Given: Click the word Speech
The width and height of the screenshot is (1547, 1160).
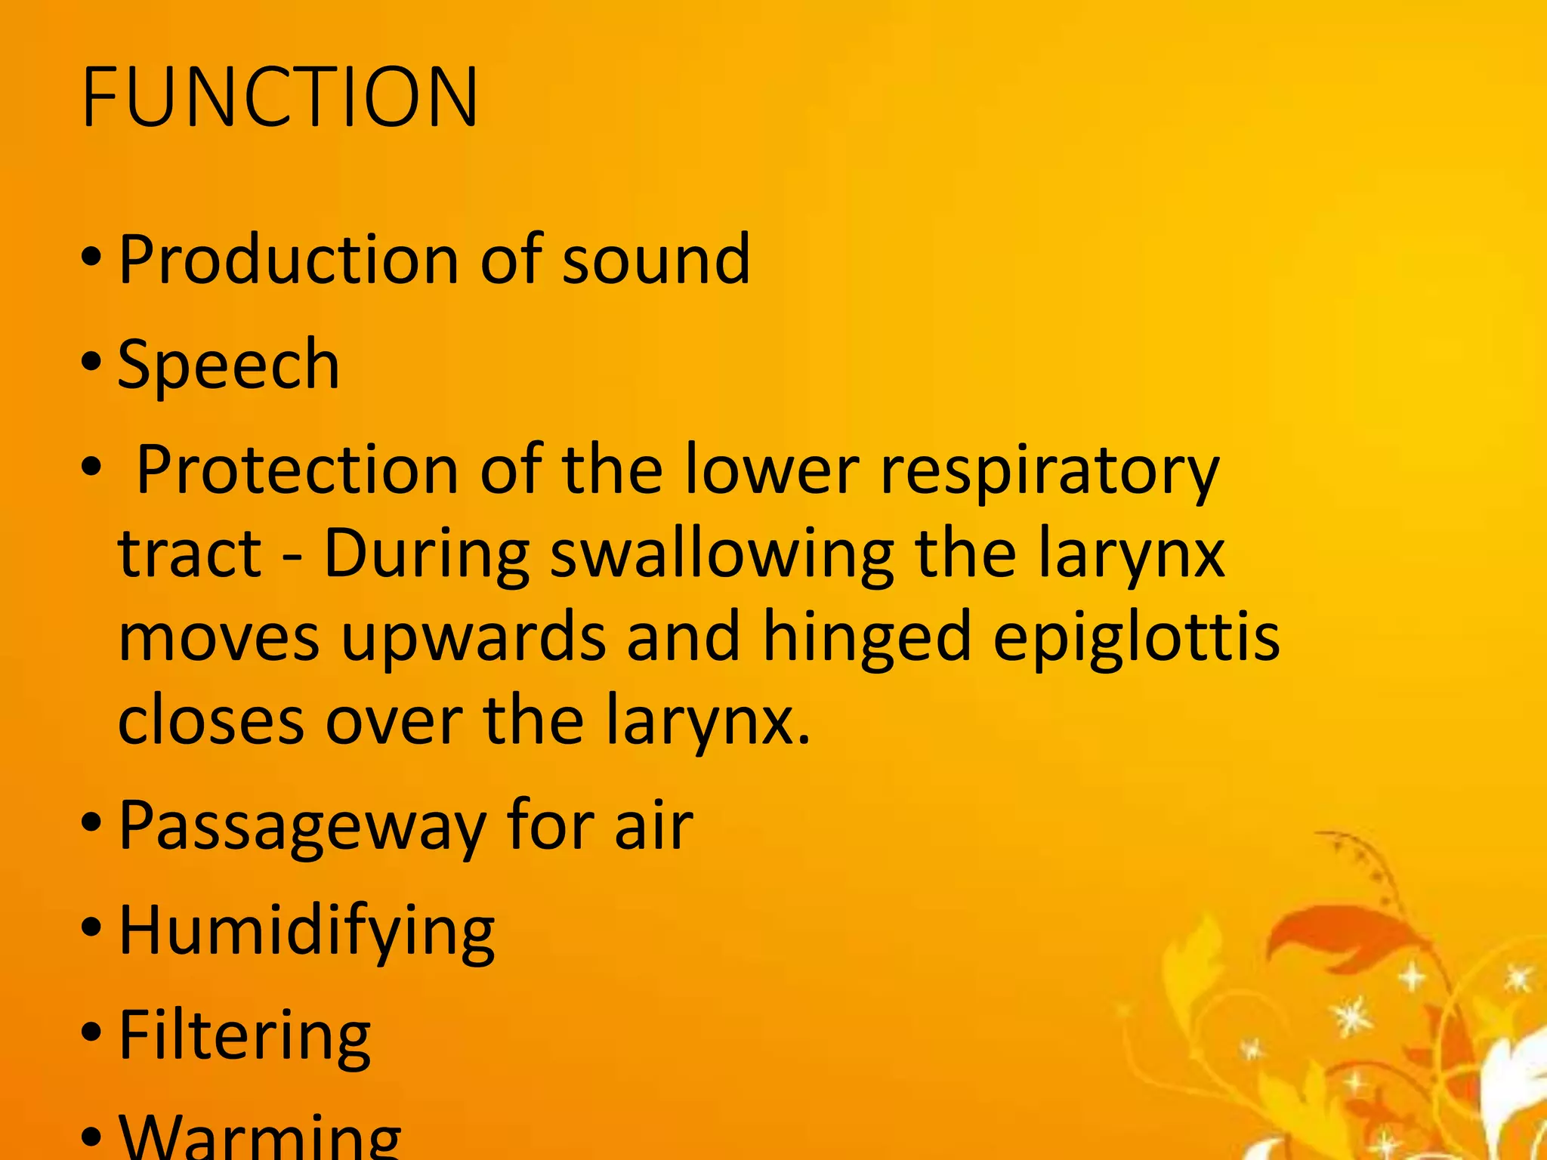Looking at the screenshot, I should click(x=229, y=366).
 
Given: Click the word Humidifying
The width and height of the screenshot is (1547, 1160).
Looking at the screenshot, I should click(x=307, y=932).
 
